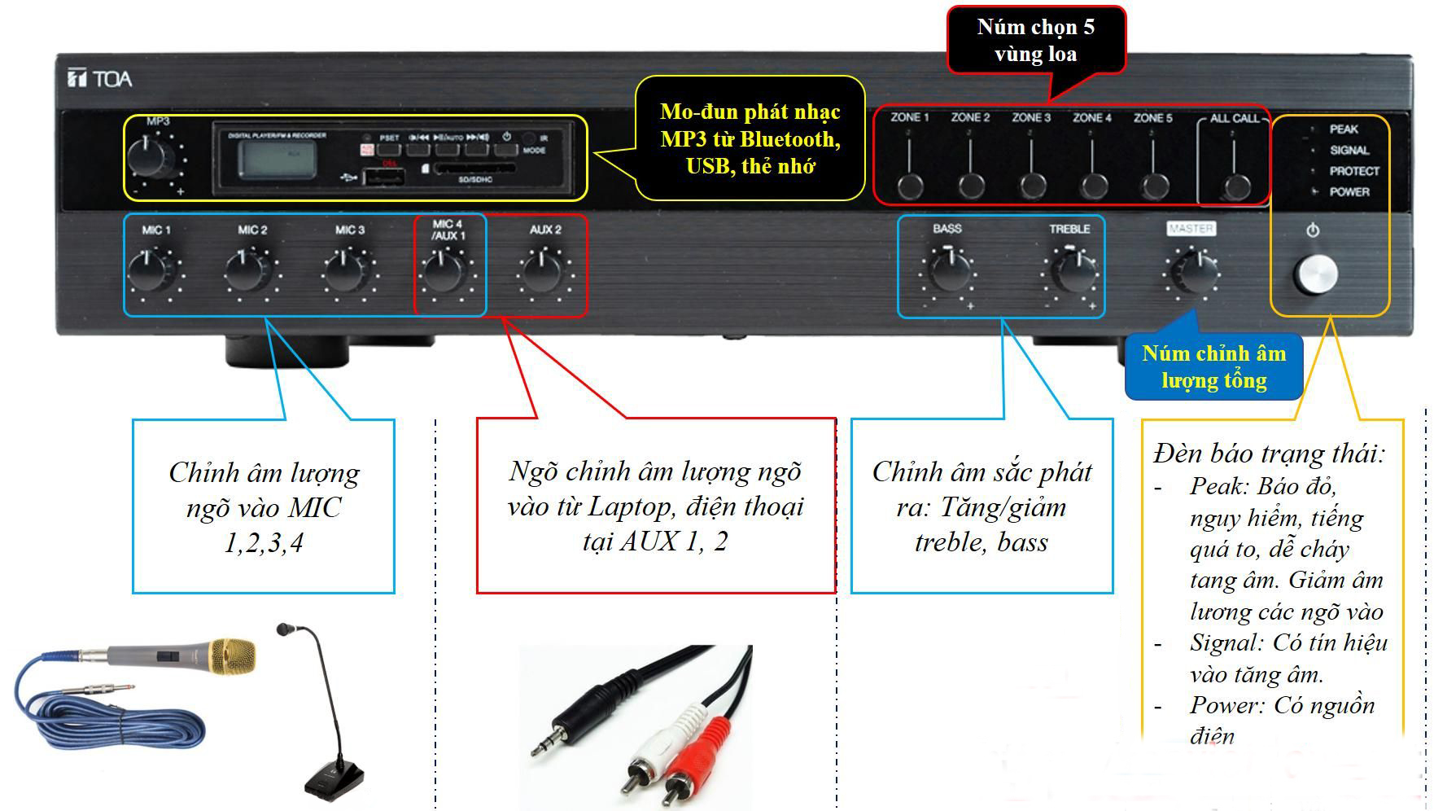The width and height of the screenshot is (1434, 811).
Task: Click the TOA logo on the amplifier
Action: coord(98,79)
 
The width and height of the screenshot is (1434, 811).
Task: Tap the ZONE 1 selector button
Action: coord(910,186)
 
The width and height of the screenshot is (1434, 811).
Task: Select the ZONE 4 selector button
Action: coord(1092,186)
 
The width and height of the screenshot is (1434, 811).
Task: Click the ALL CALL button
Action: coord(1237,186)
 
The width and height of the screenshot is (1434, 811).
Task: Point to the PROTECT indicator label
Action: coord(1354,171)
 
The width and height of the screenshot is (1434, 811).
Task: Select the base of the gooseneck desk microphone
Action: coord(334,777)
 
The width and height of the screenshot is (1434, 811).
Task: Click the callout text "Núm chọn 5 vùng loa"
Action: coord(1035,41)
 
